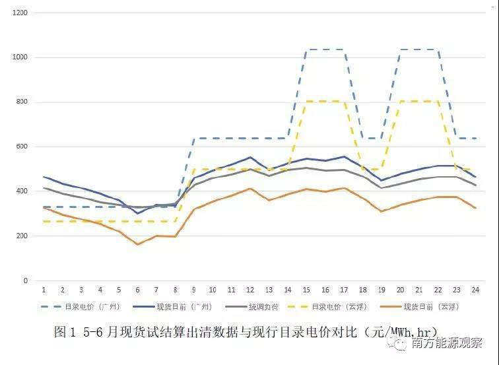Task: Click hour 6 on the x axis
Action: [137, 290]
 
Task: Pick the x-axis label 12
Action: [250, 290]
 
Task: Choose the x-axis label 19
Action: [382, 290]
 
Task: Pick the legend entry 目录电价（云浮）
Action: [339, 307]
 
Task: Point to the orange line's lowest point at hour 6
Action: [137, 244]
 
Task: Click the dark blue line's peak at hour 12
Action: [250, 158]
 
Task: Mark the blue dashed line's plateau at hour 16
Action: [326, 50]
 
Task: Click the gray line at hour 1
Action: [44, 188]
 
